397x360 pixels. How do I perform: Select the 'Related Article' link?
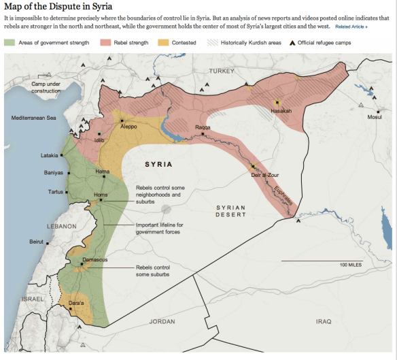(x=351, y=27)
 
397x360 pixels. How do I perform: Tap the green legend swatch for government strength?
(x=10, y=42)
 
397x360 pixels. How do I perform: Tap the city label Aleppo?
(x=128, y=127)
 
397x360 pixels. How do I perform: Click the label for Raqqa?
(x=203, y=127)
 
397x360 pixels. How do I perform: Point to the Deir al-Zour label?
(x=266, y=175)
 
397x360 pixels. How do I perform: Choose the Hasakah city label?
(x=281, y=110)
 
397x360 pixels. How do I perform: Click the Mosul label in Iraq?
(x=375, y=117)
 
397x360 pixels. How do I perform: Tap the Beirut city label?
(x=37, y=242)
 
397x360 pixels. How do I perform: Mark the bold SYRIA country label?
(x=158, y=165)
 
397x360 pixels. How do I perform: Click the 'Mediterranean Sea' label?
(x=35, y=118)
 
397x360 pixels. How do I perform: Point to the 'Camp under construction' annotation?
(x=47, y=87)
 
